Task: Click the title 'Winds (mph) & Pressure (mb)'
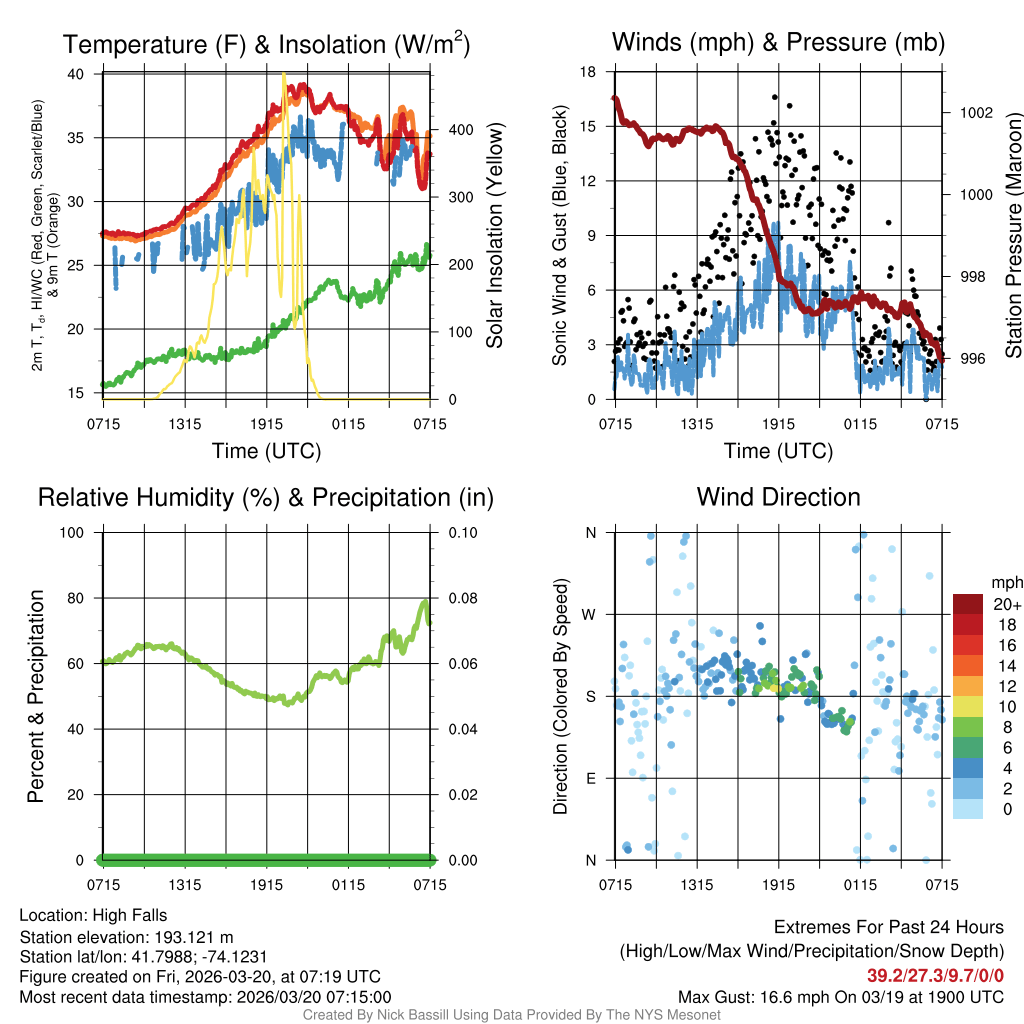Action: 778,42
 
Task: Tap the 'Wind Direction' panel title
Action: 778,497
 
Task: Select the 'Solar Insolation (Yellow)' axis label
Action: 494,236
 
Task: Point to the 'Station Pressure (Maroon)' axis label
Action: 1012,236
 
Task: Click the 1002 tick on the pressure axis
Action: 975,112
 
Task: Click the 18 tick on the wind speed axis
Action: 589,72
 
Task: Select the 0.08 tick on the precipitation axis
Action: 462,598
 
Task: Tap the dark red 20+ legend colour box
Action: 968,603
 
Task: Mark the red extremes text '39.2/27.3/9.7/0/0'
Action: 934,975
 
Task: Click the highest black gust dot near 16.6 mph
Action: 774,97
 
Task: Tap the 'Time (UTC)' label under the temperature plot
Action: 266,451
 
